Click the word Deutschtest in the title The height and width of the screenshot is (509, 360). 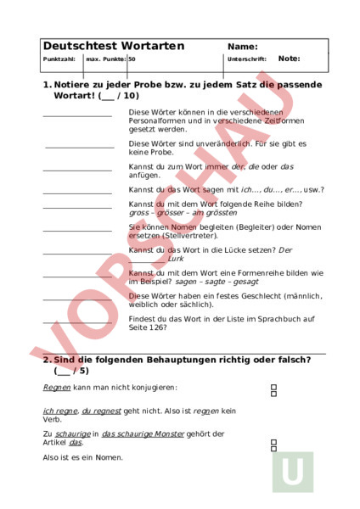coord(77,46)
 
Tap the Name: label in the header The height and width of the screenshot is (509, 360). coord(243,47)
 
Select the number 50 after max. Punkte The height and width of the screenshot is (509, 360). coord(132,59)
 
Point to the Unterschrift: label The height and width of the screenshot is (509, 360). coord(247,59)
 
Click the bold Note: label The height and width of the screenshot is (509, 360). coord(289,59)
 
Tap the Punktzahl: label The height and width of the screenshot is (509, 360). coord(59,59)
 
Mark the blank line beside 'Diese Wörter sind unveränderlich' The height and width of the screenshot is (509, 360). coord(79,147)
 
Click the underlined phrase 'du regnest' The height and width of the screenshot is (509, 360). coord(99,410)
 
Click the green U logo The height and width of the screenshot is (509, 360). coord(293,472)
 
